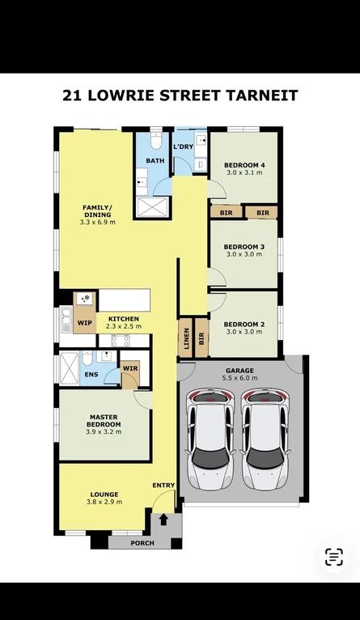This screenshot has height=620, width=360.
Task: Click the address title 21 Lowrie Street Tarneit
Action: (180, 96)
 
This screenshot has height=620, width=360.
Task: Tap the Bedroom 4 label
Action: (244, 165)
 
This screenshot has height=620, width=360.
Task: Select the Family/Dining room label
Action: (97, 211)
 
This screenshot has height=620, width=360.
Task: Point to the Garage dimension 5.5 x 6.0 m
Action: (241, 378)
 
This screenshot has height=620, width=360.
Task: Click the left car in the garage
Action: (210, 439)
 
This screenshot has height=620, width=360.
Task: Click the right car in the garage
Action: (265, 439)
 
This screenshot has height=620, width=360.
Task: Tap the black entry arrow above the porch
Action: (163, 520)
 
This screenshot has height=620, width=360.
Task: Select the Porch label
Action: (142, 543)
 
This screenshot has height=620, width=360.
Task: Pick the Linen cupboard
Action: (186, 338)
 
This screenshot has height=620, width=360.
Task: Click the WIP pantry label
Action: (85, 323)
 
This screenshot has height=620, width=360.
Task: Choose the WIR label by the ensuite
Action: (130, 368)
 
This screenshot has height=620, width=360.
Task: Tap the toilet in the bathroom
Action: (156, 140)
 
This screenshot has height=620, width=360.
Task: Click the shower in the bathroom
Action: (152, 206)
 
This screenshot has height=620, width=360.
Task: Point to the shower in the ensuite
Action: (69, 368)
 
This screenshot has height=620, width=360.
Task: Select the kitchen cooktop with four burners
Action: (121, 341)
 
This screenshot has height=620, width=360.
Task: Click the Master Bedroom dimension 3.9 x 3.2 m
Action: (104, 431)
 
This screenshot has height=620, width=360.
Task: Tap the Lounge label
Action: (104, 495)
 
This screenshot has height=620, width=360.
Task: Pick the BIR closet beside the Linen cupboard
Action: (201, 338)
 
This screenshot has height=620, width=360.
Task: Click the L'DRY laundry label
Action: (184, 147)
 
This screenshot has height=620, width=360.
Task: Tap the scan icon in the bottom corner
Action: (334, 557)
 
